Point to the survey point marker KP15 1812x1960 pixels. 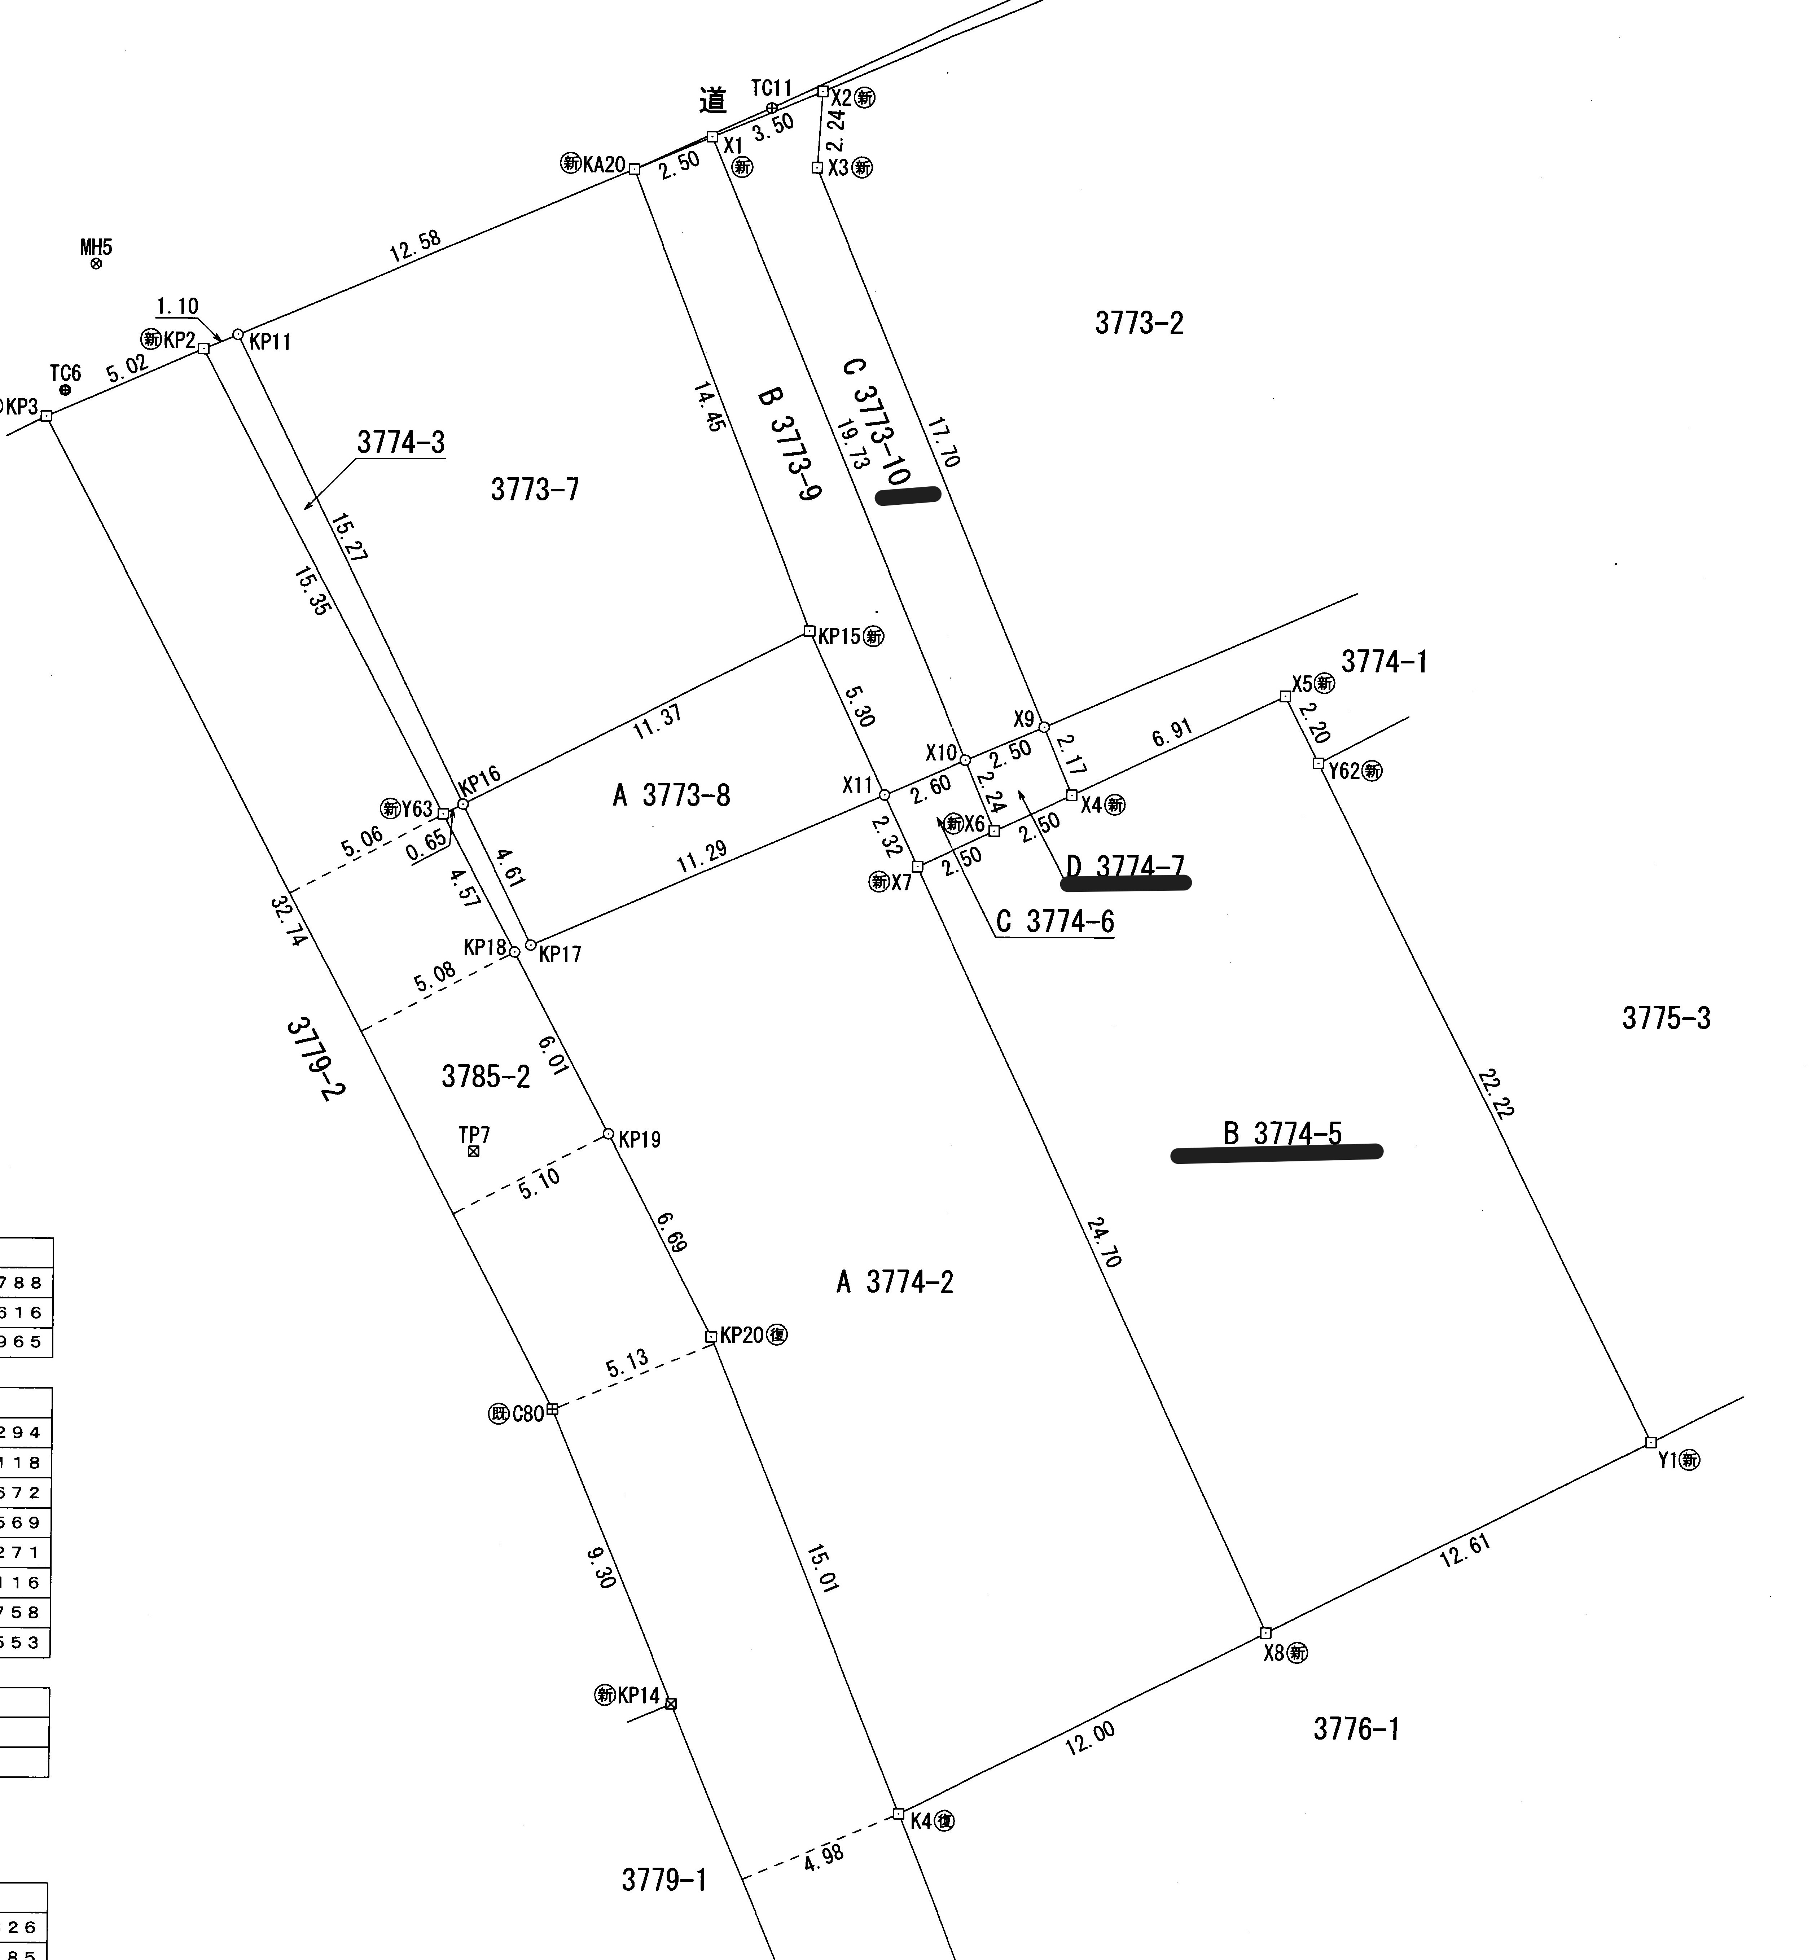pyautogui.click(x=809, y=631)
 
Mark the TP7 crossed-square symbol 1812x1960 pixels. pyautogui.click(x=474, y=1151)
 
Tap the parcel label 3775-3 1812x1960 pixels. pyautogui.click(x=1666, y=1019)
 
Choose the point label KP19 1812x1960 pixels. pyautogui.click(x=639, y=1139)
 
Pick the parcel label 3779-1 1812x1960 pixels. pyautogui.click(x=664, y=1880)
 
